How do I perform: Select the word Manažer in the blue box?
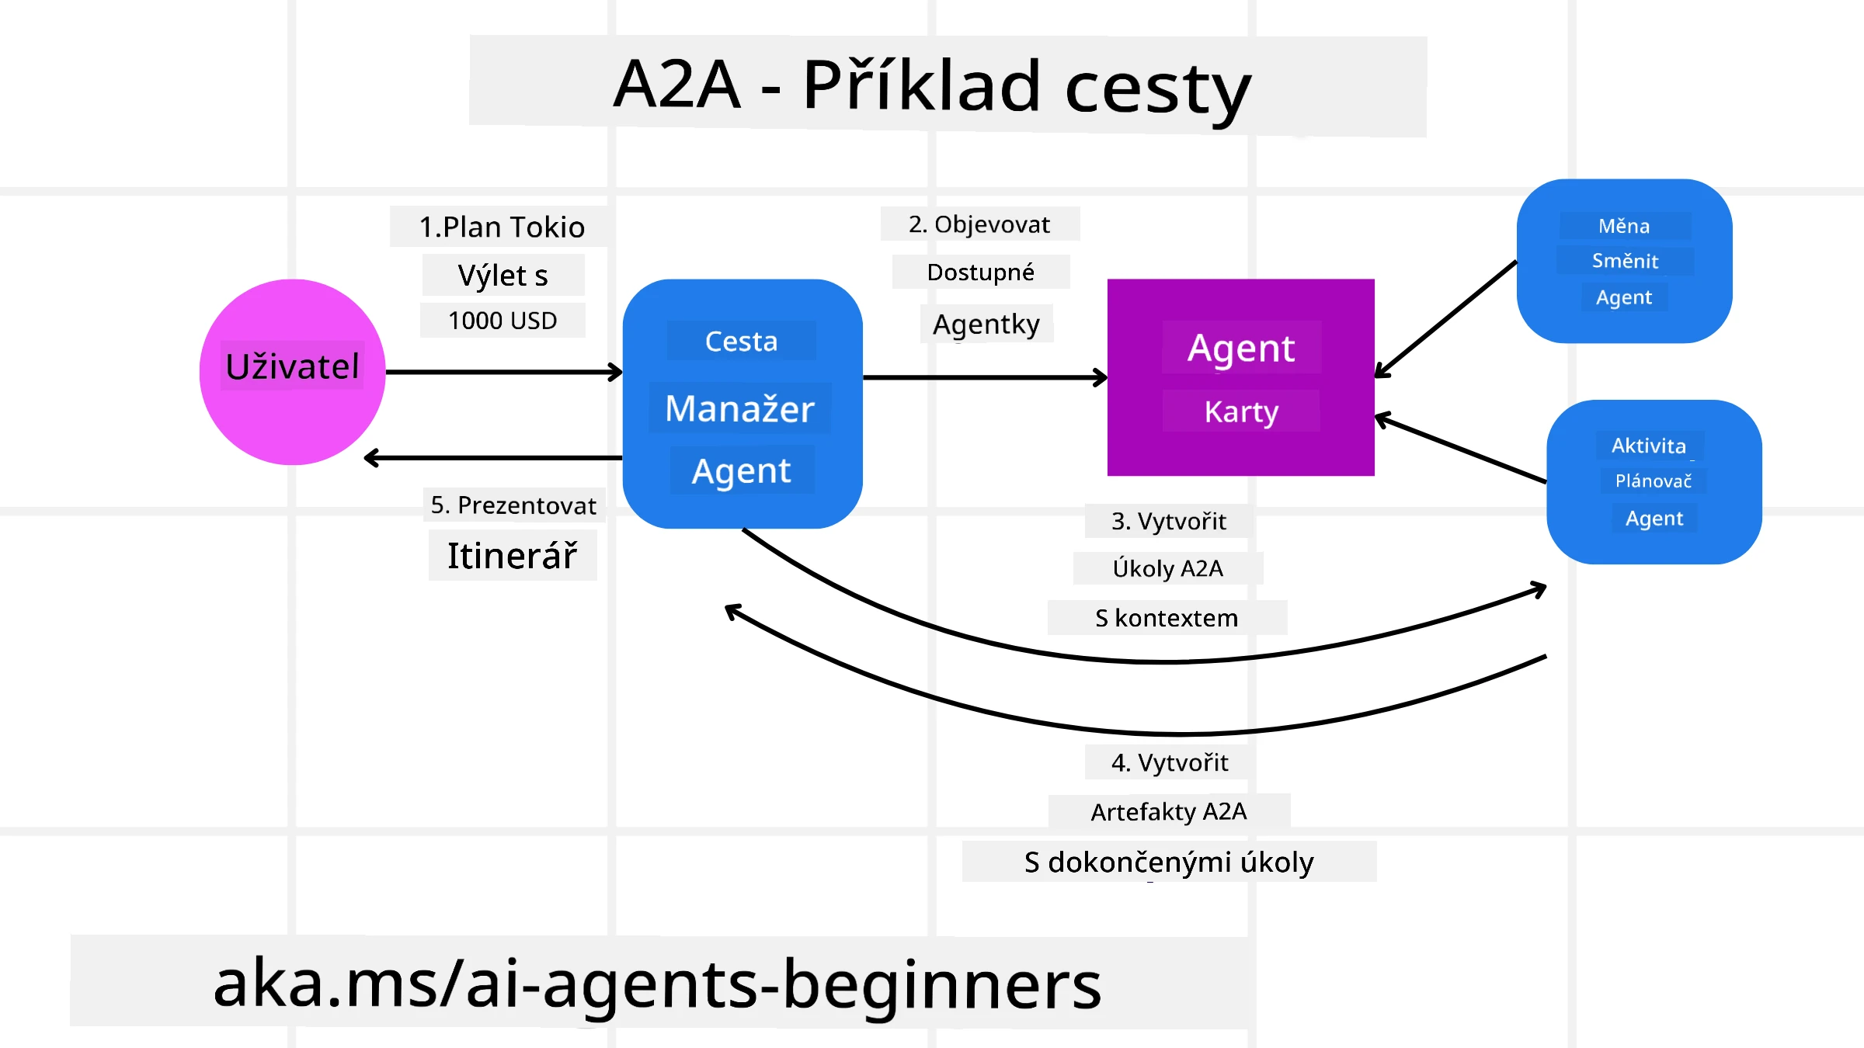[740, 409]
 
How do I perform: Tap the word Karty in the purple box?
[1241, 411]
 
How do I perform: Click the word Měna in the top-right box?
[1624, 226]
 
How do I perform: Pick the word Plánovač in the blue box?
[1654, 481]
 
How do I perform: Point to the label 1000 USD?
[503, 321]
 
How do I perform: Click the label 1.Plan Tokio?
[502, 227]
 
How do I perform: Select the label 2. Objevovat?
[979, 224]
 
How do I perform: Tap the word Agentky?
[986, 324]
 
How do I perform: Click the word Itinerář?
[513, 556]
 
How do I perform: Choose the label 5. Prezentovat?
[513, 505]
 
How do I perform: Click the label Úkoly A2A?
[1168, 569]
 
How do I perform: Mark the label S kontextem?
[1167, 618]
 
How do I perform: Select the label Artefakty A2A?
[1169, 812]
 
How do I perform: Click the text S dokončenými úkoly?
[1169, 862]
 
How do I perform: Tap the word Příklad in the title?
[921, 85]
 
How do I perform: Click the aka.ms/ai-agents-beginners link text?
[657, 984]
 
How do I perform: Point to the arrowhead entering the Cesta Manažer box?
[616, 373]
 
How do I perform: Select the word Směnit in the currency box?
[1625, 261]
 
